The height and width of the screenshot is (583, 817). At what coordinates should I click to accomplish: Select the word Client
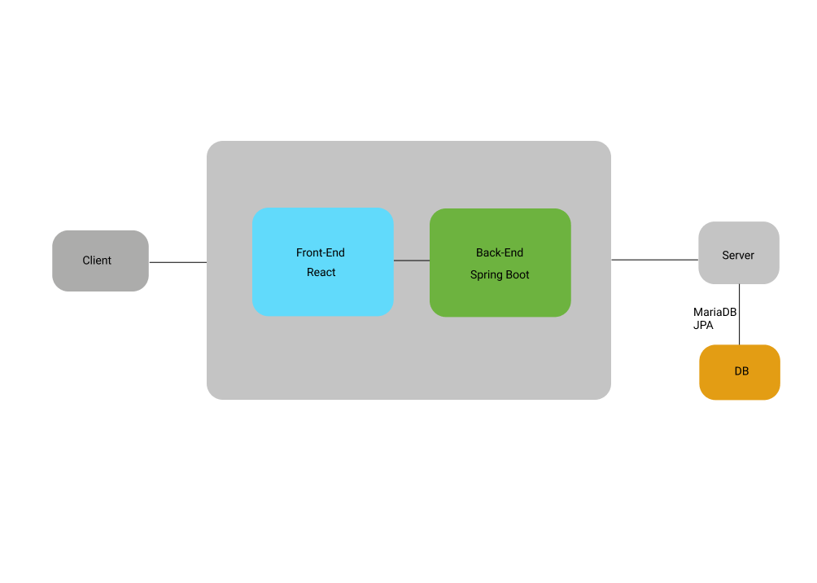pyautogui.click(x=97, y=261)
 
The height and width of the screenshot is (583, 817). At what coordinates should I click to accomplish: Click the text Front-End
pyautogui.click(x=321, y=253)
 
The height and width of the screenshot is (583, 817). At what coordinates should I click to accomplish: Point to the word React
pyautogui.click(x=321, y=273)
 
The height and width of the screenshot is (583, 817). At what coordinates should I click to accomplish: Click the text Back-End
pyautogui.click(x=500, y=253)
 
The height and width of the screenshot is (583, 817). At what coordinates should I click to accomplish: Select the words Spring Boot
pyautogui.click(x=500, y=275)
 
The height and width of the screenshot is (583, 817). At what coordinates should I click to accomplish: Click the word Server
pyautogui.click(x=738, y=256)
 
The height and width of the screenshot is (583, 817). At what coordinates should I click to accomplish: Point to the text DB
pyautogui.click(x=741, y=371)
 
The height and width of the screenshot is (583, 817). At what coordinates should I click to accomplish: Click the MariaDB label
pyautogui.click(x=714, y=312)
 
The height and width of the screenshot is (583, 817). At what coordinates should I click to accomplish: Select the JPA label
pyautogui.click(x=703, y=325)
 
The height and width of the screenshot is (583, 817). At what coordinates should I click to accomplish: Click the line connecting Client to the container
pyautogui.click(x=177, y=262)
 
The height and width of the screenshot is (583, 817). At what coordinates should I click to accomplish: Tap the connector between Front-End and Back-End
pyautogui.click(x=412, y=261)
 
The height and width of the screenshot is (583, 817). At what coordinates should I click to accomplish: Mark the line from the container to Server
pyautogui.click(x=654, y=260)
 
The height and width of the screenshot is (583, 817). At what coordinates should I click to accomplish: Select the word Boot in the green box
pyautogui.click(x=517, y=275)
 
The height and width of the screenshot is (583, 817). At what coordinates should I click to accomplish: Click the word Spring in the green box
pyautogui.click(x=487, y=275)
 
